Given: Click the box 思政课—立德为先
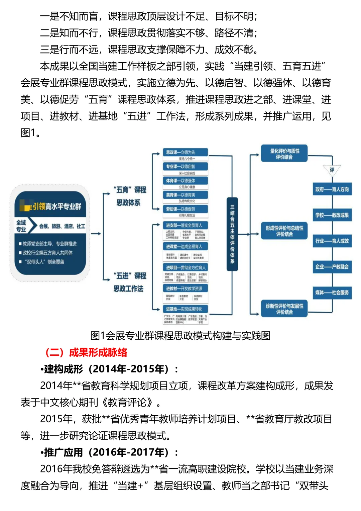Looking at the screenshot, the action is (x=185, y=152).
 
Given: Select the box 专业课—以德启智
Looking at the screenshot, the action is (x=185, y=166).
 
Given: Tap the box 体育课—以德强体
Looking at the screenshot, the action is (x=185, y=181).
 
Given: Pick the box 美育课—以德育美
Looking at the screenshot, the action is (x=185, y=195).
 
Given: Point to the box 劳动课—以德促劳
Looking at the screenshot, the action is (x=185, y=209).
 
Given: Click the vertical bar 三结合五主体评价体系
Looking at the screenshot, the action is (x=232, y=234).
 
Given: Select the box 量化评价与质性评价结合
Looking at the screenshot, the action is (x=284, y=154).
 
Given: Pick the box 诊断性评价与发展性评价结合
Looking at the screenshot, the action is (x=284, y=309).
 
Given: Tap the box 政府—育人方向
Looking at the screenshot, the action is (x=332, y=189).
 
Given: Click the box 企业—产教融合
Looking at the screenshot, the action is (x=332, y=267).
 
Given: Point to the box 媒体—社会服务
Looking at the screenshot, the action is (x=332, y=292).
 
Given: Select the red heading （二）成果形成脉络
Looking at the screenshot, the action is (x=86, y=352).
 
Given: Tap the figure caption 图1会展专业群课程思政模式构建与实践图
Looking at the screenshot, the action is (x=180, y=336).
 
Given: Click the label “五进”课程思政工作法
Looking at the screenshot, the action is (x=130, y=282).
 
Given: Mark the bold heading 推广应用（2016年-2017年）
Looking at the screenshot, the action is (x=109, y=452).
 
